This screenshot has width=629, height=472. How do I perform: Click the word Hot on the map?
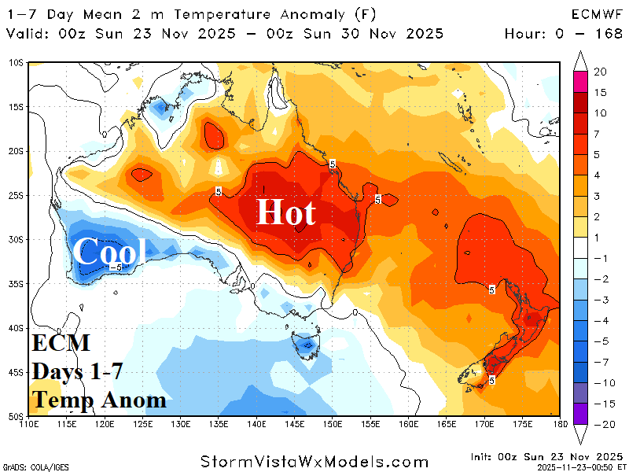[286, 212]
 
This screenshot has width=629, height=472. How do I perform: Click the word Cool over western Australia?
[109, 253]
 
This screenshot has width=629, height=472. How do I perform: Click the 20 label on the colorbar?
[599, 72]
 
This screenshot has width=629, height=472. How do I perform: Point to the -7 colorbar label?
[599, 363]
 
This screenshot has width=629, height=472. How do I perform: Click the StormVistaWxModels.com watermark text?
[314, 462]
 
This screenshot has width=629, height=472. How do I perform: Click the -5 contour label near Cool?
[114, 267]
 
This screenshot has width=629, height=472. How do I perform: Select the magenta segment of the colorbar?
[580, 81]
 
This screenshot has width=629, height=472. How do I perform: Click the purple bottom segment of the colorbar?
[580, 414]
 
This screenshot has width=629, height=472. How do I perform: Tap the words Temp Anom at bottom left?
[99, 400]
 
